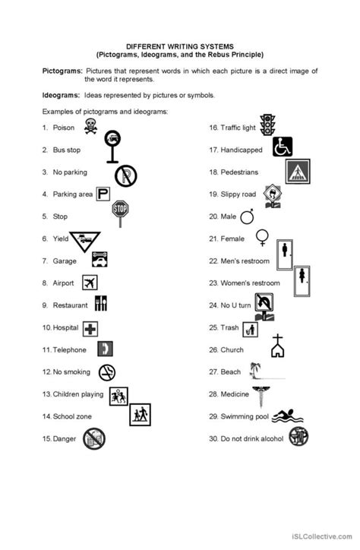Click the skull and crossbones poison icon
[x=90, y=126]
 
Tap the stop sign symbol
[x=120, y=210]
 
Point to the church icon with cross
[x=278, y=346]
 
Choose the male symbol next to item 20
[x=248, y=217]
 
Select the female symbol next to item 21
[x=262, y=237]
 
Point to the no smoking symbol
[x=108, y=372]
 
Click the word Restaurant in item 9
[x=71, y=305]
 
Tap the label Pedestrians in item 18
[x=240, y=172]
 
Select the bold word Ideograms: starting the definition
[x=62, y=95]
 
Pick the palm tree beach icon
[x=253, y=371]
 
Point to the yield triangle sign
[x=84, y=241]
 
